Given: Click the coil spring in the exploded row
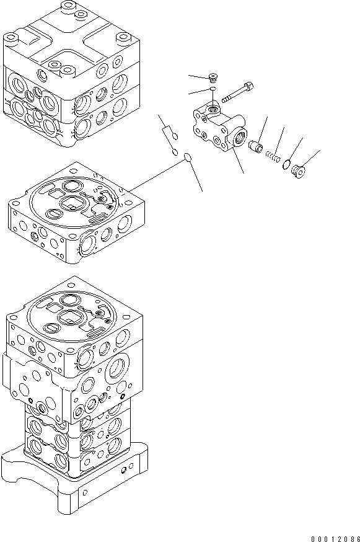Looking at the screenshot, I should (x=271, y=158).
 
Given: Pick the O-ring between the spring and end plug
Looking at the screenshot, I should (x=286, y=165).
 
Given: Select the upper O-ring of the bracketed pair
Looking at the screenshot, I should (x=175, y=137).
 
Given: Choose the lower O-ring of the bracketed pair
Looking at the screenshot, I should (x=175, y=151).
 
